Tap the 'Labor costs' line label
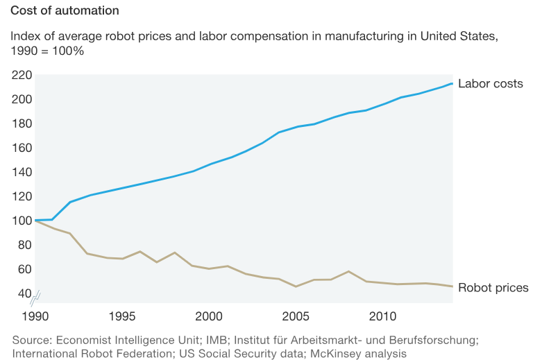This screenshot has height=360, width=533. pyautogui.click(x=490, y=84)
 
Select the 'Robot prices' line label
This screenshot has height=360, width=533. pyautogui.click(x=493, y=288)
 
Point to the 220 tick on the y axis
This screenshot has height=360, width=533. pyautogui.click(x=22, y=75)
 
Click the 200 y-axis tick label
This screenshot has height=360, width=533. pyautogui.click(x=22, y=99)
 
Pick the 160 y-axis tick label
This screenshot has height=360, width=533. pyautogui.click(x=22, y=148)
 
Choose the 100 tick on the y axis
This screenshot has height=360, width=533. pyautogui.click(x=22, y=221)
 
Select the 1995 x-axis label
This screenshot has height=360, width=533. pyautogui.click(x=122, y=316)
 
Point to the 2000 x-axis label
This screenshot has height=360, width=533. pyautogui.click(x=210, y=316)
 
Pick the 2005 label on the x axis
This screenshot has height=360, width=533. pyautogui.click(x=296, y=316)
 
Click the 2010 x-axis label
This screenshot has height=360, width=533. pyautogui.click(x=384, y=316)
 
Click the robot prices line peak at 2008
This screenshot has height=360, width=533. pyautogui.click(x=348, y=271)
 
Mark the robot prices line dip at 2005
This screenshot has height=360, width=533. pyautogui.click(x=296, y=286)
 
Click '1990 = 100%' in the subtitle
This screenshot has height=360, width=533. pyautogui.click(x=47, y=51)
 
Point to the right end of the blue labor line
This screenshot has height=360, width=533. pyautogui.click(x=452, y=83)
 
